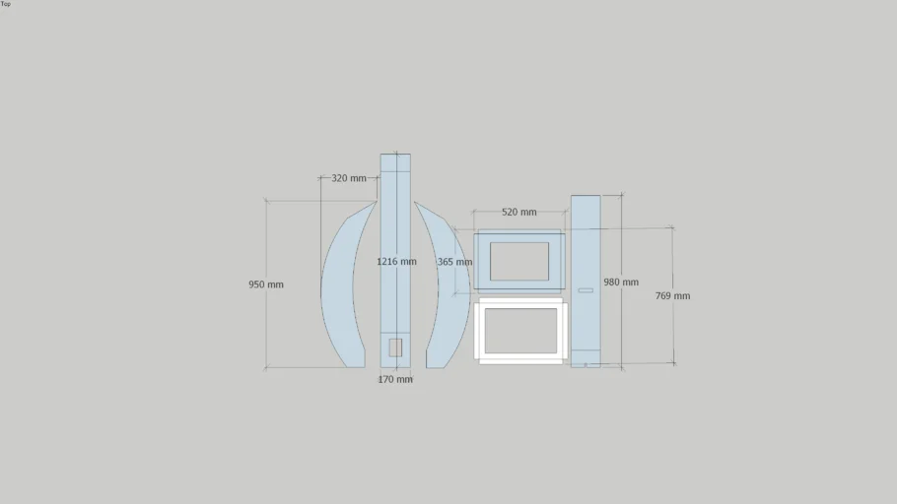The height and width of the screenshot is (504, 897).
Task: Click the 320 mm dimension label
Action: (x=349, y=178)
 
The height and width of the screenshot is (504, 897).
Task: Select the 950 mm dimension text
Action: (x=266, y=284)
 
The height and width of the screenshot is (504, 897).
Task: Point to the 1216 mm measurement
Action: (x=396, y=262)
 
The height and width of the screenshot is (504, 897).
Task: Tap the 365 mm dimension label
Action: (x=454, y=262)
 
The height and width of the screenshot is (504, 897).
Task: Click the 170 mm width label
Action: (x=394, y=379)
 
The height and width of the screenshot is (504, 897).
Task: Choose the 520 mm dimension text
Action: (x=518, y=212)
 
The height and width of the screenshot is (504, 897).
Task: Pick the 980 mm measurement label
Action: (x=621, y=283)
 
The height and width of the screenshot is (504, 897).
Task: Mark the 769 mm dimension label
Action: (x=672, y=296)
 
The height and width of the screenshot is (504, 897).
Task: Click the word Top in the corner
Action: (x=6, y=4)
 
